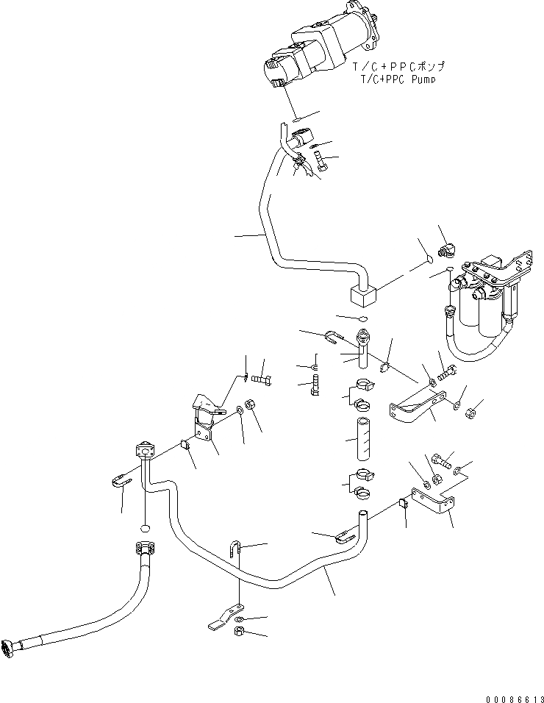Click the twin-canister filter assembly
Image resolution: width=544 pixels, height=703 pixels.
point(485,294)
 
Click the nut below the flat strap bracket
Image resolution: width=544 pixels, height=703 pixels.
point(240,632)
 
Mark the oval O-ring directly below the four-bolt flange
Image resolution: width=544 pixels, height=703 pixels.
point(145,527)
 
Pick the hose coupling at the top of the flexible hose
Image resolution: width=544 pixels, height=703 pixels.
point(145,548)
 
